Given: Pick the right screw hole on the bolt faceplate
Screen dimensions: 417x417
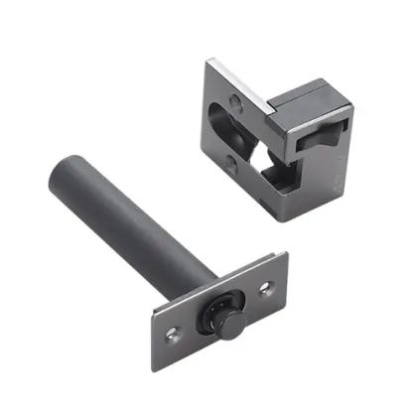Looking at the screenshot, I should tap(265, 289).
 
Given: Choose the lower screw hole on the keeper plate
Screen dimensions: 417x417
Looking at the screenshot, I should tap(230, 162).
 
